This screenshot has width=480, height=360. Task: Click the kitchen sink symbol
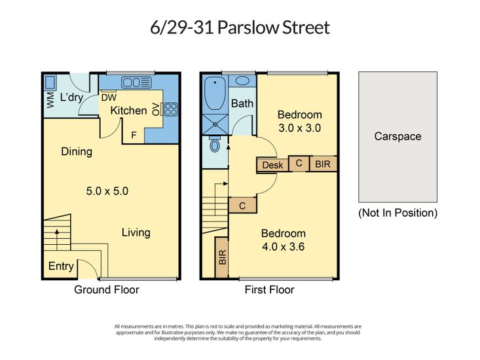pyautogui.click(x=136, y=82)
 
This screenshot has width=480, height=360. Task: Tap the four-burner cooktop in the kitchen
pyautogui.click(x=171, y=109)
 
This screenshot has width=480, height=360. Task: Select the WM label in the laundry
pyautogui.click(x=50, y=99)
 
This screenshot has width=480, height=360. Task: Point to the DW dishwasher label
pyautogui.click(x=109, y=98)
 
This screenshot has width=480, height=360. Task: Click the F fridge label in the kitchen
pyautogui.click(x=134, y=135)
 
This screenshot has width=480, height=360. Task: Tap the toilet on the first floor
pyautogui.click(x=215, y=144)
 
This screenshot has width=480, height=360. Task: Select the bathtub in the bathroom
pyautogui.click(x=215, y=94)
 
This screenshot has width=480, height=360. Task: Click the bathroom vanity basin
pyautogui.click(x=242, y=81)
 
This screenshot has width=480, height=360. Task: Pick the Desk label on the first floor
pyautogui.click(x=272, y=165)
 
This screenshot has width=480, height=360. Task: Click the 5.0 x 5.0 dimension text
pyautogui.click(x=107, y=191)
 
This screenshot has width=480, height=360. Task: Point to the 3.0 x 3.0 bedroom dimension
pyautogui.click(x=300, y=128)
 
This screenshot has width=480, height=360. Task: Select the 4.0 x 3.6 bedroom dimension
pyautogui.click(x=283, y=247)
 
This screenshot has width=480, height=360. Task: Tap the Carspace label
pyautogui.click(x=397, y=136)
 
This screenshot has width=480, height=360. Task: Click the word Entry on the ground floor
pyautogui.click(x=61, y=266)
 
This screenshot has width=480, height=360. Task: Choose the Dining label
pyautogui.click(x=77, y=152)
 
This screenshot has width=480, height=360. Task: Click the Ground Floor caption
pyautogui.click(x=107, y=290)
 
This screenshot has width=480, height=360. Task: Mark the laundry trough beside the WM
pyautogui.click(x=50, y=82)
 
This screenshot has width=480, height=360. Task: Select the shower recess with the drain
pyautogui.click(x=215, y=124)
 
